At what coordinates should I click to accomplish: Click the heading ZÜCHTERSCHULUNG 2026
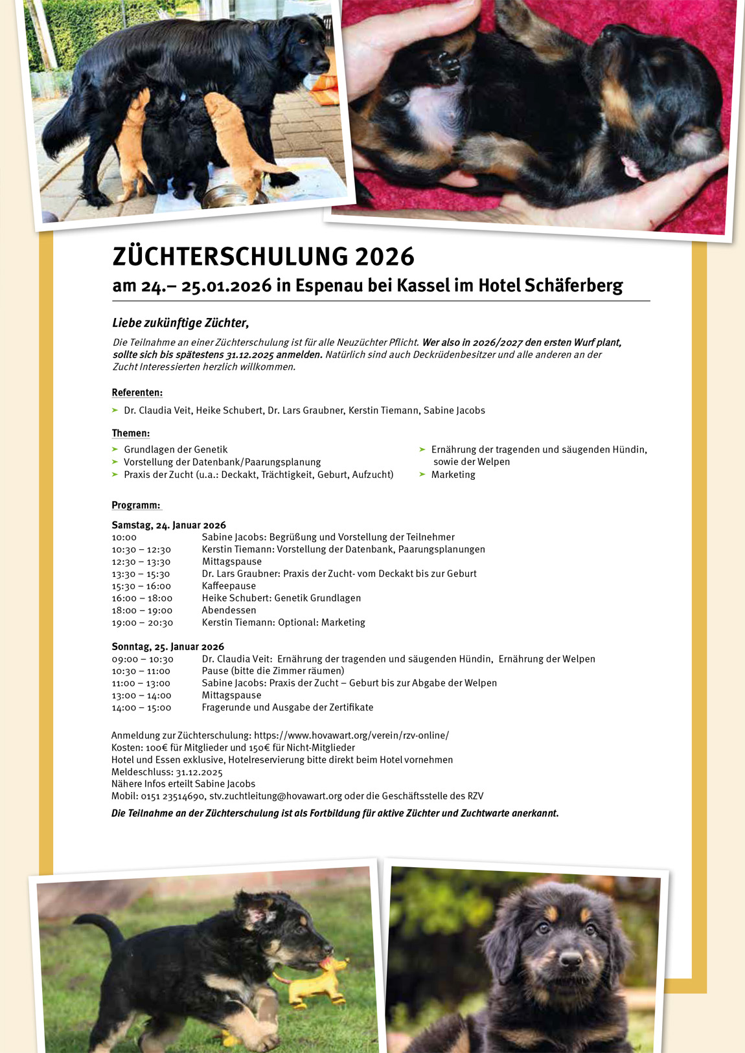point(263,257)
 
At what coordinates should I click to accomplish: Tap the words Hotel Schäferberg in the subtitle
point(550,286)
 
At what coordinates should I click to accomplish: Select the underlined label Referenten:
point(137,392)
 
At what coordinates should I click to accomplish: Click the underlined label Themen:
point(130,433)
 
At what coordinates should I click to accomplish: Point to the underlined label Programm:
point(136,505)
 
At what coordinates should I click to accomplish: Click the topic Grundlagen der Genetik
point(176,449)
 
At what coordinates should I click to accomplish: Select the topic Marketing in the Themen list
point(453,475)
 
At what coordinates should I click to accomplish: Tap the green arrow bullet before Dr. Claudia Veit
point(115,411)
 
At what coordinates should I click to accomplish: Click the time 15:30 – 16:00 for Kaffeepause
point(141,586)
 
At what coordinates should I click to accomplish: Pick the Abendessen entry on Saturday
point(229,610)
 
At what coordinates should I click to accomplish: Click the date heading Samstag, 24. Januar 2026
point(168,525)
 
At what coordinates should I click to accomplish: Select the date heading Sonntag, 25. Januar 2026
point(168,647)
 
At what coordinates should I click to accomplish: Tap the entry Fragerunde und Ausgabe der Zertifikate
point(287,708)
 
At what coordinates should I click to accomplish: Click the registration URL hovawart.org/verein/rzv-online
point(351,736)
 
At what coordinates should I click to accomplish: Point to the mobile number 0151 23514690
point(173,797)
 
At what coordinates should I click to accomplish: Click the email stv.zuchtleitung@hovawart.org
point(275,797)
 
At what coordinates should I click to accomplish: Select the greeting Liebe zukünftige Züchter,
point(180,323)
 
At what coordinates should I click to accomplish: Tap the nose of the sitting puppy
point(570,959)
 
